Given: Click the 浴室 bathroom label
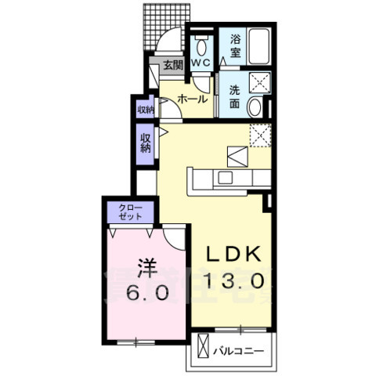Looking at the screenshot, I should click(x=236, y=45).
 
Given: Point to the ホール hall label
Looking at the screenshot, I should click(x=193, y=99).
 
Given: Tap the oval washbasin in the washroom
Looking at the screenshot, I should click(x=255, y=108).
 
